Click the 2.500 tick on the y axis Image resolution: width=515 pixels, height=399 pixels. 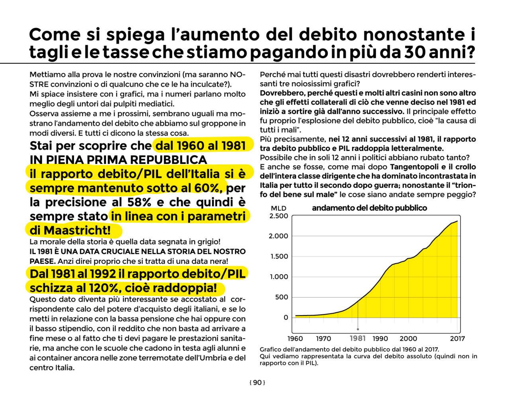[278, 216]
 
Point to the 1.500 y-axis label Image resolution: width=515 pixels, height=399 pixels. [279, 257]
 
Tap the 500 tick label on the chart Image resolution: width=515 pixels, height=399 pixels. [281, 297]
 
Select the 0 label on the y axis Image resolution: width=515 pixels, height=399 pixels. [286, 318]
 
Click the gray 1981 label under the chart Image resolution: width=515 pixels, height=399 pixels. [357, 338]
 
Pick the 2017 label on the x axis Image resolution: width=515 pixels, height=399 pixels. [457, 338]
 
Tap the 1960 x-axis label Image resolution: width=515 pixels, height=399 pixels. [295, 338]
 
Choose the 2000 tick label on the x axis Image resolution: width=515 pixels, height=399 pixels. [408, 338]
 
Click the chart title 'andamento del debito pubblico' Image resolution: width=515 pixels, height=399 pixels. [369, 208]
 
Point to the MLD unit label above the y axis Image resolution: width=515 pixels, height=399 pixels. [278, 208]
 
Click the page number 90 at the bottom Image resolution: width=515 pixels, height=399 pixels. [257, 383]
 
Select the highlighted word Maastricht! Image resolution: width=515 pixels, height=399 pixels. [77, 230]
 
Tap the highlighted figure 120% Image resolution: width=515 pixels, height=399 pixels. [103, 288]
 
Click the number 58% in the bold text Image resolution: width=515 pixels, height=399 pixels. [139, 202]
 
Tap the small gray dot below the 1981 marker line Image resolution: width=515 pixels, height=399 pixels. [358, 329]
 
